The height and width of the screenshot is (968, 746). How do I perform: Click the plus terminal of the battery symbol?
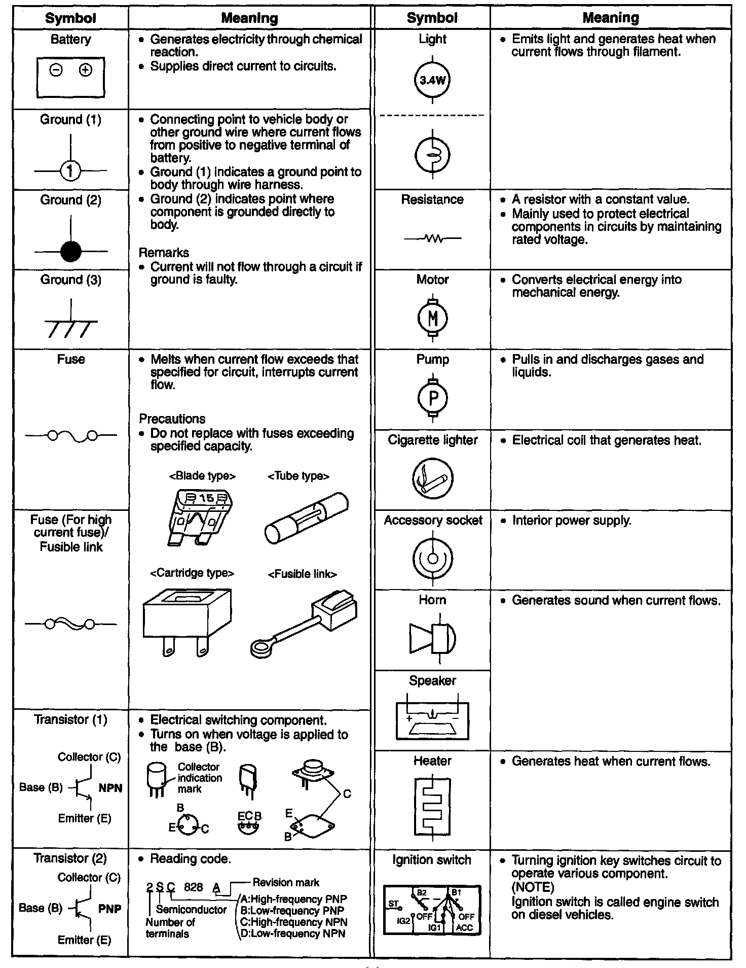point(86,70)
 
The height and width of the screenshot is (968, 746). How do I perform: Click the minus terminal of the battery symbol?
point(56,70)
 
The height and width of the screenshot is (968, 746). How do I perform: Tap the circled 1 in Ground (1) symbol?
point(70,171)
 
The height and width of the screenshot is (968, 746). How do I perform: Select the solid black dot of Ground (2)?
point(70,251)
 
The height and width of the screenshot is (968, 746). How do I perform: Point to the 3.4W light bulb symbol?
point(432,80)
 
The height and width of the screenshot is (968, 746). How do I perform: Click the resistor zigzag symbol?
point(432,238)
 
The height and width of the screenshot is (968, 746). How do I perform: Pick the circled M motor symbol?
point(433,318)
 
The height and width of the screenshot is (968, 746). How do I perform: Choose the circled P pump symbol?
point(433,398)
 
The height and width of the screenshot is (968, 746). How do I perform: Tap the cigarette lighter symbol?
point(432,478)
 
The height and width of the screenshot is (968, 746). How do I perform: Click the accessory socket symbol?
point(432,559)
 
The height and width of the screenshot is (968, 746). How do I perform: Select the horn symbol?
point(432,638)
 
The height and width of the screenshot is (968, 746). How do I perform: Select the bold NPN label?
point(110,788)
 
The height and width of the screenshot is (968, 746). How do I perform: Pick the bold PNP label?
point(109,909)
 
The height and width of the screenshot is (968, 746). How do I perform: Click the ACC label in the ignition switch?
point(464,927)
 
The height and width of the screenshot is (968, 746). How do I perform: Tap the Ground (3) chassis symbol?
point(71,325)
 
